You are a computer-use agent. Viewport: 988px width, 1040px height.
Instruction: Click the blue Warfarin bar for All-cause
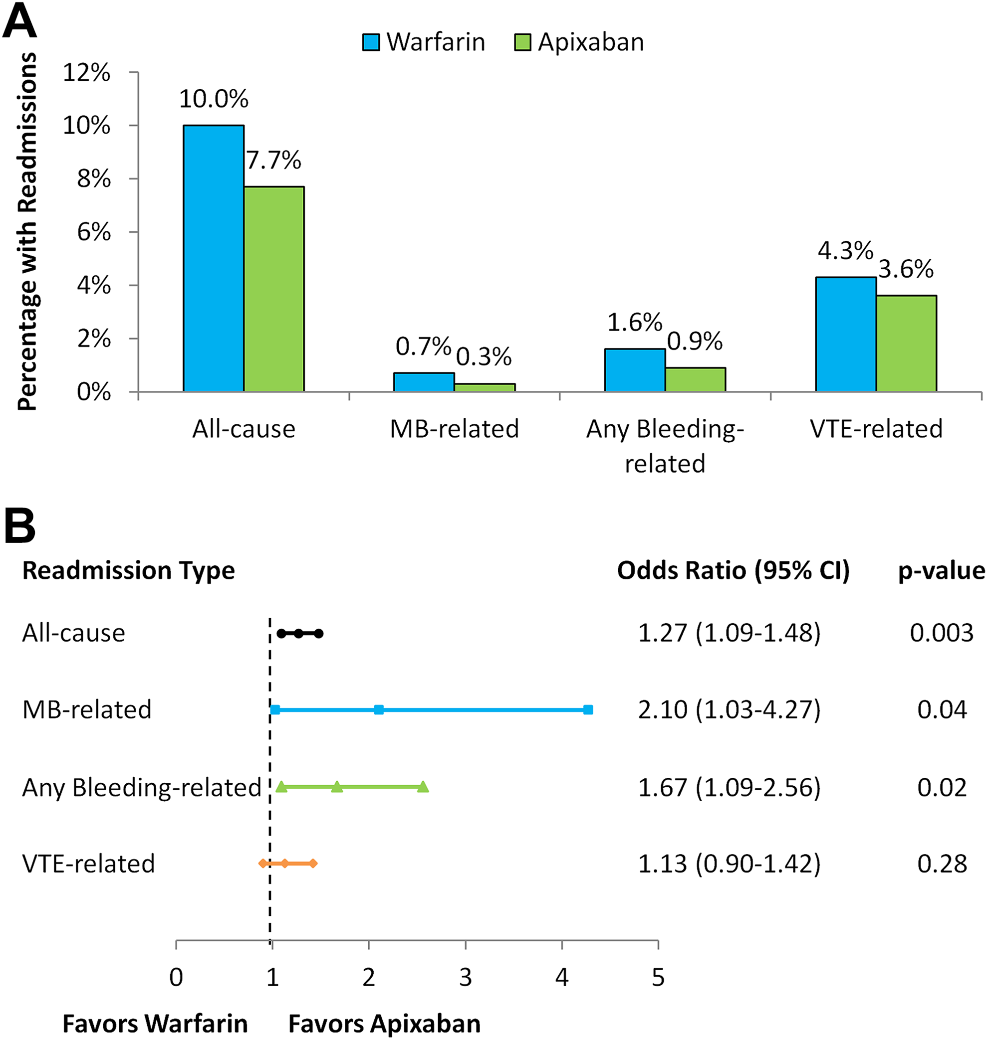(x=213, y=258)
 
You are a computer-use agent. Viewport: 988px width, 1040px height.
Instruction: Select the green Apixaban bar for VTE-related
(x=906, y=344)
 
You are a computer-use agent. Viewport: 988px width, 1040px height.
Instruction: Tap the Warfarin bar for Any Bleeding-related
(x=635, y=370)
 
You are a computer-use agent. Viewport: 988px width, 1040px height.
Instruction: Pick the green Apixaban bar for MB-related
(x=485, y=388)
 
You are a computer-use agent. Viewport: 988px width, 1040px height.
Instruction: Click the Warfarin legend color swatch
(x=371, y=42)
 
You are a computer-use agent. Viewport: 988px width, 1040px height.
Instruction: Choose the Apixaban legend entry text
(x=591, y=42)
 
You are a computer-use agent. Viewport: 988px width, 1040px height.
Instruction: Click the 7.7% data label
(x=274, y=160)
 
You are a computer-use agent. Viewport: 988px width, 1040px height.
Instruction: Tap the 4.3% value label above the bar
(x=845, y=250)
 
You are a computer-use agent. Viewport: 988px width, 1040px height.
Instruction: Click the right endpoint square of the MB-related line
(x=588, y=710)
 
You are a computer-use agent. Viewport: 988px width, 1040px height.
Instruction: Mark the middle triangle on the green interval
(x=337, y=787)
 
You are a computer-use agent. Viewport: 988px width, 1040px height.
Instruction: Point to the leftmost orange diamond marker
(x=262, y=863)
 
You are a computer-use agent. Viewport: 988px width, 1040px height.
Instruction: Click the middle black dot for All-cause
(x=298, y=634)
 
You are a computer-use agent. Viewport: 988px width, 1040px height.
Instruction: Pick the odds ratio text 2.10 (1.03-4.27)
(x=730, y=710)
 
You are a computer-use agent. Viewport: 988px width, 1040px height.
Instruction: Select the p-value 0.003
(x=942, y=633)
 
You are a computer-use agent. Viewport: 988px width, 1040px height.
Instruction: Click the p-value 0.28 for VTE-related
(x=942, y=864)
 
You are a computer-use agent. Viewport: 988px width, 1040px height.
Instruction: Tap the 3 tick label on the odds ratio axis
(x=466, y=977)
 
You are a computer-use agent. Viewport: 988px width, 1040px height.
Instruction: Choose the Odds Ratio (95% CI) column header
(x=734, y=570)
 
